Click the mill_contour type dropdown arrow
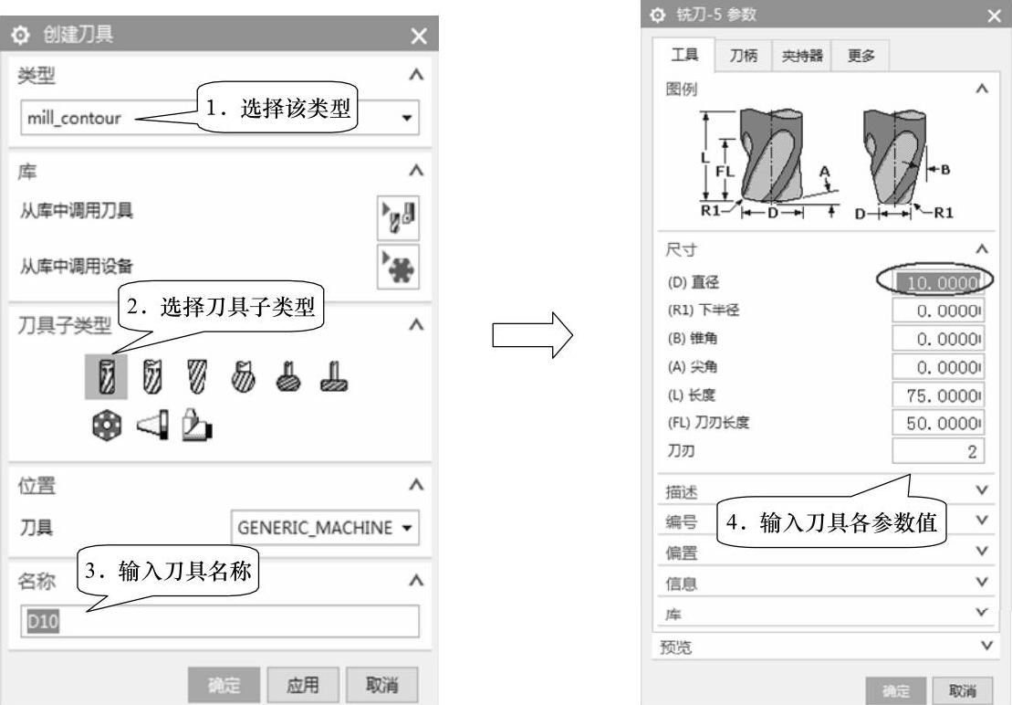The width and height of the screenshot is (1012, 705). pyautogui.click(x=407, y=118)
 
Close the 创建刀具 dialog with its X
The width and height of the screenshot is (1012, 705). pyautogui.click(x=419, y=36)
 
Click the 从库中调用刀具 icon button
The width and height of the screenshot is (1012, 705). pyautogui.click(x=398, y=217)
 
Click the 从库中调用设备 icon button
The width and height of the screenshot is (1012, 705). pyautogui.click(x=398, y=266)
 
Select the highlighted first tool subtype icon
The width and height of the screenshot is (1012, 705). pyautogui.click(x=106, y=376)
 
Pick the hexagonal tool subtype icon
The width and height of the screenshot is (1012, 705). pyautogui.click(x=107, y=426)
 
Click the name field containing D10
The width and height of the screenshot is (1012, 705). pyautogui.click(x=219, y=621)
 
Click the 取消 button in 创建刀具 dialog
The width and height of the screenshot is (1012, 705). pyautogui.click(x=382, y=684)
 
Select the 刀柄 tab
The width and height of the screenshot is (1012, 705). pyautogui.click(x=744, y=56)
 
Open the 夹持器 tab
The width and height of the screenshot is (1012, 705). pyautogui.click(x=802, y=56)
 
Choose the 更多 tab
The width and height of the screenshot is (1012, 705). pyautogui.click(x=861, y=56)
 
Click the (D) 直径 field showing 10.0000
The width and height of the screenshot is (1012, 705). pyautogui.click(x=938, y=282)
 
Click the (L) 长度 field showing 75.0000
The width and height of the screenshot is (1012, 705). pyautogui.click(x=938, y=395)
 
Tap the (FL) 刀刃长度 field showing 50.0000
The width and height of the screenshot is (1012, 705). pyautogui.click(x=938, y=423)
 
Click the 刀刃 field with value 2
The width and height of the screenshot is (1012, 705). pyautogui.click(x=938, y=451)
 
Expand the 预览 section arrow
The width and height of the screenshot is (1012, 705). pyautogui.click(x=986, y=646)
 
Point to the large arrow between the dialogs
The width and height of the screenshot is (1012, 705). pyautogui.click(x=532, y=334)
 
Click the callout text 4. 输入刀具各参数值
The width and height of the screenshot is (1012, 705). pyautogui.click(x=831, y=521)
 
